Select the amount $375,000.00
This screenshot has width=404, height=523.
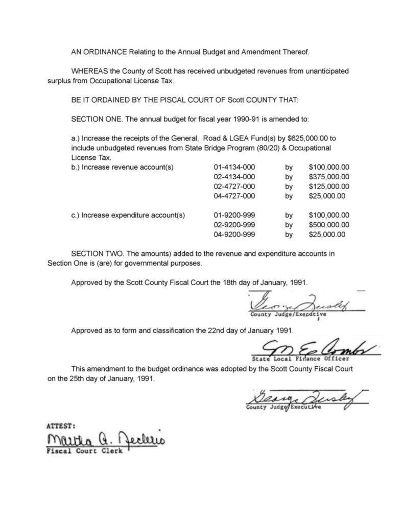[x=329, y=177]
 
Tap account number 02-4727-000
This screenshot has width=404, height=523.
[x=234, y=186]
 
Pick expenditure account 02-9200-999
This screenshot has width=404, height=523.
[x=234, y=225]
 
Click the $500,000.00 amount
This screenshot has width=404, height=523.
[x=329, y=225]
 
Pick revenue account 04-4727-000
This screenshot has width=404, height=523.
[x=234, y=196]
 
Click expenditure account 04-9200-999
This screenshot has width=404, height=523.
[x=234, y=234]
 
